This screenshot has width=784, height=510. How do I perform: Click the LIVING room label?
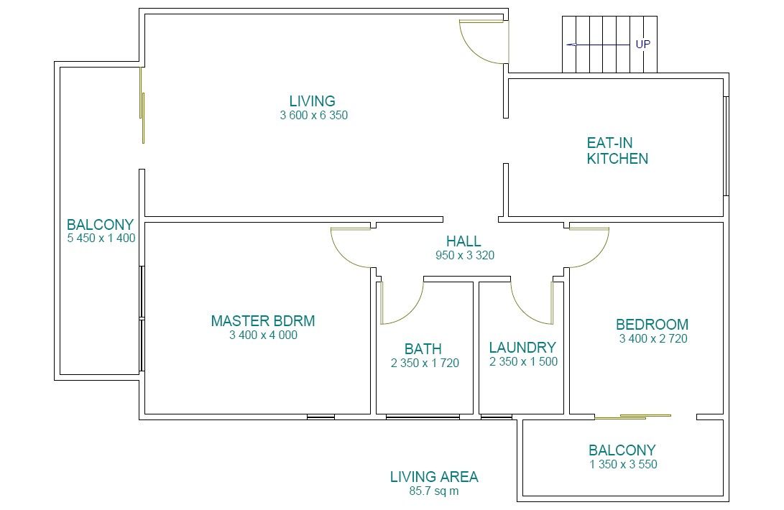coord(312,101)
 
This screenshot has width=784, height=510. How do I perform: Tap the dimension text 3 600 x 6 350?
coord(313,116)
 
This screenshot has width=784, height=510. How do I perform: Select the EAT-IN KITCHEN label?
coord(617,151)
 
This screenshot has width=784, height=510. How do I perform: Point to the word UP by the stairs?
coord(643,45)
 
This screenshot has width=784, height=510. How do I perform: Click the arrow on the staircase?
coord(598,45)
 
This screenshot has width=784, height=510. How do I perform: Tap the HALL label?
coord(464,241)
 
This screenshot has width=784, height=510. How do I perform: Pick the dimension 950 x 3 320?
coord(464,256)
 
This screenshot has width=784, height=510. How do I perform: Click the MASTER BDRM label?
coord(263,321)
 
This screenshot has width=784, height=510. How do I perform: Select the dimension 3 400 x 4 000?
coord(263,335)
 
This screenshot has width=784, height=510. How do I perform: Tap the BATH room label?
coord(423,349)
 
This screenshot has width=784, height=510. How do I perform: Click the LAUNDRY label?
coord(522,348)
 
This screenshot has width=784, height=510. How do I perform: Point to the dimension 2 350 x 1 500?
coord(523,362)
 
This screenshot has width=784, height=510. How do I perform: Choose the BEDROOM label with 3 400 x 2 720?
coord(652,325)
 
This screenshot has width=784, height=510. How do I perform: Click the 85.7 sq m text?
coord(433,491)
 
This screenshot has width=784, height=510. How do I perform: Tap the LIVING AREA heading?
coord(434,477)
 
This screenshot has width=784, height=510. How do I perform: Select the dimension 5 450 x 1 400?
coord(101,238)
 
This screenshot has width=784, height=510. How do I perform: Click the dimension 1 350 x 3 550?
coord(623,465)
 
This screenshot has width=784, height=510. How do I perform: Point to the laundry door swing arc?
coord(523,313)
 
